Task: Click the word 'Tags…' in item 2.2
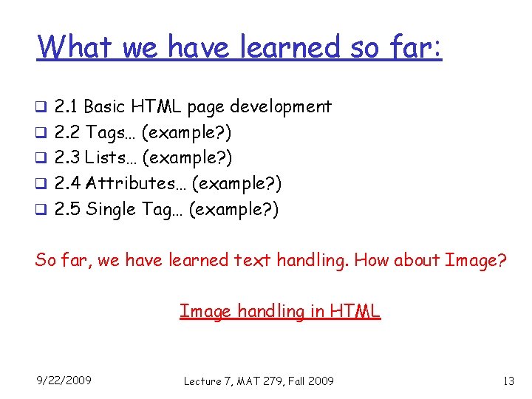click(x=111, y=132)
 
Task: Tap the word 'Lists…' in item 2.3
click(x=112, y=157)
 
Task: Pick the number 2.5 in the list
click(x=67, y=209)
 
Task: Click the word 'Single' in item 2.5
click(x=111, y=209)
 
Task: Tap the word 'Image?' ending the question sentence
click(x=477, y=260)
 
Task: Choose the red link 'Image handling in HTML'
click(x=280, y=312)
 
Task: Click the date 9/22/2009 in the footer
click(x=64, y=380)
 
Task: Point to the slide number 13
click(x=508, y=381)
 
